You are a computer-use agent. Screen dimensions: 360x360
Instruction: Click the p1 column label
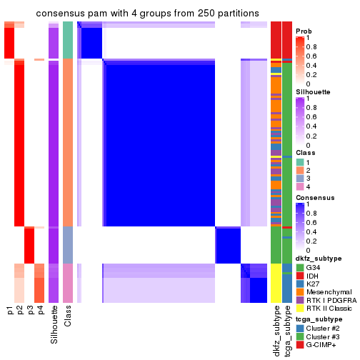[x=10, y=310]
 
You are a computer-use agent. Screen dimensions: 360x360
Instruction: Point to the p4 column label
[x=40, y=310]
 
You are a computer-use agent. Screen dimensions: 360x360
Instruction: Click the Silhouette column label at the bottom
[x=54, y=325]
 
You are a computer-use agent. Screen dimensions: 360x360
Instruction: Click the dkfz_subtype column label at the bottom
[x=276, y=332]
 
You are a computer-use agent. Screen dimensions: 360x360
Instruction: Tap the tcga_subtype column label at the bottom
[x=287, y=332]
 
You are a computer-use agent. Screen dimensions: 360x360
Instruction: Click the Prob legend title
[x=304, y=31]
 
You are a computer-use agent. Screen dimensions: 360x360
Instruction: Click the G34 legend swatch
[x=300, y=267]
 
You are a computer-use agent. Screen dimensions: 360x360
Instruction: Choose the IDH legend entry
[x=315, y=276]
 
